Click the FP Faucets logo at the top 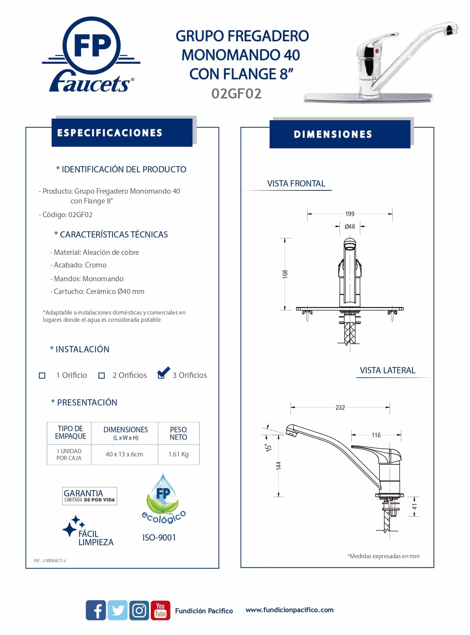pyautogui.click(x=91, y=54)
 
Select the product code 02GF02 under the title pyautogui.click(x=236, y=94)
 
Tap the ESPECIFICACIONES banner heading pyautogui.click(x=110, y=133)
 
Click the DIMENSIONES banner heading pyautogui.click(x=333, y=134)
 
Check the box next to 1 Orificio pyautogui.click(x=42, y=376)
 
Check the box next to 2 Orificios pyautogui.click(x=102, y=376)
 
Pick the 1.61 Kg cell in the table pyautogui.click(x=178, y=454)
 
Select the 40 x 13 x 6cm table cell pyautogui.click(x=124, y=454)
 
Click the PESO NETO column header pyautogui.click(x=178, y=433)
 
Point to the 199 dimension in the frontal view pyautogui.click(x=350, y=214)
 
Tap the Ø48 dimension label pyautogui.click(x=350, y=227)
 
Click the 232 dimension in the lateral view pyautogui.click(x=340, y=408)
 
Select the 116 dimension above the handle pyautogui.click(x=376, y=435)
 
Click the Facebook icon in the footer pyautogui.click(x=96, y=610)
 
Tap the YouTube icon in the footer pyautogui.click(x=160, y=610)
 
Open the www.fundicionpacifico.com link pyautogui.click(x=289, y=610)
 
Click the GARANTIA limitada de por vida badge pyautogui.click(x=89, y=496)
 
